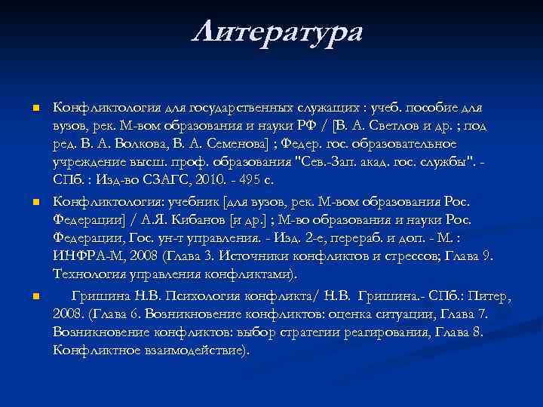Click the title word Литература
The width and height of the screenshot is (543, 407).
(277, 32)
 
